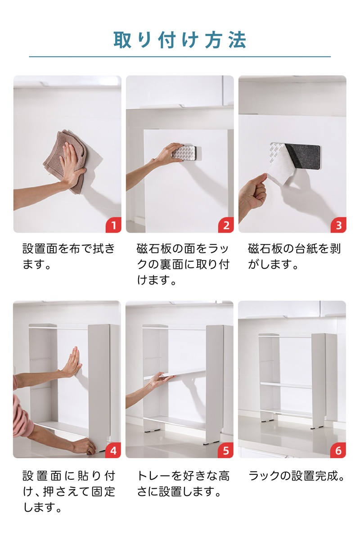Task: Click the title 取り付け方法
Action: point(180,40)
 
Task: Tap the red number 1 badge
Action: point(113,225)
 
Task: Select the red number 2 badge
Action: point(226,225)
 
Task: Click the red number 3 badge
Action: point(338,225)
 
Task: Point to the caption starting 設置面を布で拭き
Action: point(68,256)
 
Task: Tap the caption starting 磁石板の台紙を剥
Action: point(294,256)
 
